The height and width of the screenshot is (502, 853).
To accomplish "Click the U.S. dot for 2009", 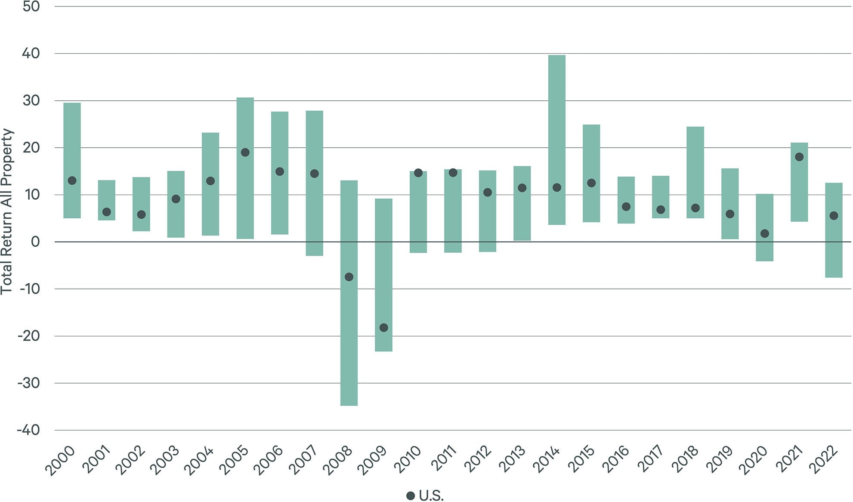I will tap(383, 328).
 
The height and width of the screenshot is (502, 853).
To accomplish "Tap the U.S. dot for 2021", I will tap(799, 157).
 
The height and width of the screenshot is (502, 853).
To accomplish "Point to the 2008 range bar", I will tap(349, 344).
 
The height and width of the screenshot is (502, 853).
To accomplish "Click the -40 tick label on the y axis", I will tap(29, 430).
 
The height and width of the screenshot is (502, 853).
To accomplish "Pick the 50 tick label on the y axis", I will tap(31, 6).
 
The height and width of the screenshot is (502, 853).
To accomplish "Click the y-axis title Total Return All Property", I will tap(7, 211).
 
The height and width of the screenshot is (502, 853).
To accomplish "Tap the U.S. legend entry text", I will tap(431, 496).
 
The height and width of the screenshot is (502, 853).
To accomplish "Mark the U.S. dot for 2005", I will tap(245, 152).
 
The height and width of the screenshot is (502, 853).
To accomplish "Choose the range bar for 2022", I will tap(834, 250).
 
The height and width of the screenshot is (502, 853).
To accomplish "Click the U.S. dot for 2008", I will tap(349, 277).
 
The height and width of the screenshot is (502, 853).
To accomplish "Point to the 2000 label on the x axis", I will tap(60, 461).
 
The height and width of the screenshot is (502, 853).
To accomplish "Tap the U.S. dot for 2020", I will tap(765, 233).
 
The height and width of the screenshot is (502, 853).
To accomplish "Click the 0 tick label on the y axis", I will tap(35, 242).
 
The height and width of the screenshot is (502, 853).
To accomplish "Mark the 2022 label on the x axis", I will tap(824, 460).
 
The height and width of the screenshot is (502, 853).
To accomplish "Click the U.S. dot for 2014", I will tap(556, 188).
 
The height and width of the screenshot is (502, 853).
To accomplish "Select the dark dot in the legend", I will tap(411, 496).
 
